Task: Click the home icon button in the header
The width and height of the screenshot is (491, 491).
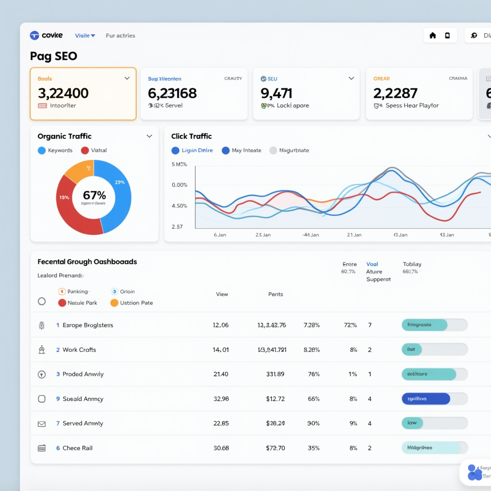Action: (433, 35)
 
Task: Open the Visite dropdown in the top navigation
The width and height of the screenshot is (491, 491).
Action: (85, 35)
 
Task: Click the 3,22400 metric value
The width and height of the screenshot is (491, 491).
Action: (63, 93)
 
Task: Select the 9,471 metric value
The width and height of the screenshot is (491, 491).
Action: (276, 93)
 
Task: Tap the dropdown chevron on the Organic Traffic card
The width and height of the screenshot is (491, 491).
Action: (149, 136)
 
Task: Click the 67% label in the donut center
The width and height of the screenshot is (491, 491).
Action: (94, 195)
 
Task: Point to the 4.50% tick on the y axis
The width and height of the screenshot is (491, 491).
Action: (179, 206)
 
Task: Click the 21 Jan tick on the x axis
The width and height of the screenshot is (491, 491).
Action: (354, 235)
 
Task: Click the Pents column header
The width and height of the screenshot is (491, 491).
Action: (276, 294)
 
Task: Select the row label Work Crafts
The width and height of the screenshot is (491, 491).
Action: (79, 350)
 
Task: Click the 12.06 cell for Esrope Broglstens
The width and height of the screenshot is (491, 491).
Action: (221, 325)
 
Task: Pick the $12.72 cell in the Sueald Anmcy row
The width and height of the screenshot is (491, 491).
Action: (275, 399)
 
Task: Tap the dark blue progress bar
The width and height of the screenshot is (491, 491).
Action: (425, 399)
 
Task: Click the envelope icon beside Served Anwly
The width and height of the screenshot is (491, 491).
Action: (42, 424)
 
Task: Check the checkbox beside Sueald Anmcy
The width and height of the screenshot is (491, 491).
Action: (42, 399)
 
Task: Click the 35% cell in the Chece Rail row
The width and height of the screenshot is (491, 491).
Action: (314, 448)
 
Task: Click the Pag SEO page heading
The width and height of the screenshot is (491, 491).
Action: (53, 56)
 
